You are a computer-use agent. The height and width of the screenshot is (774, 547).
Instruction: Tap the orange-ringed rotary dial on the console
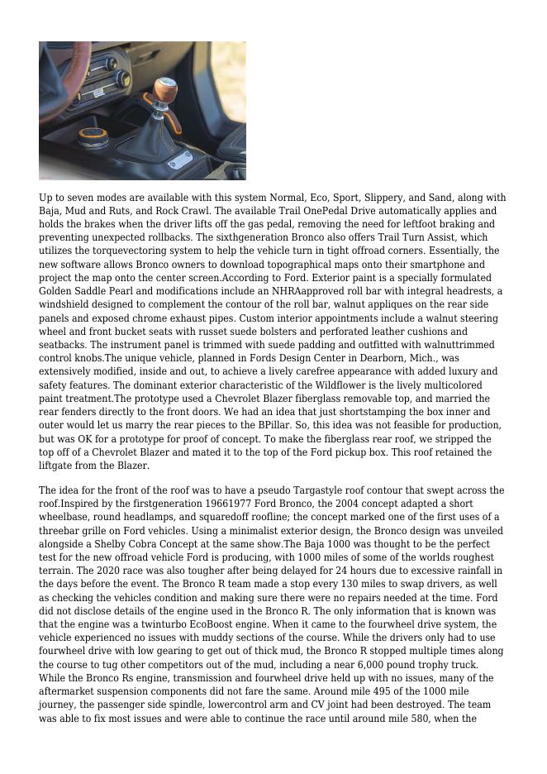[x=93, y=135]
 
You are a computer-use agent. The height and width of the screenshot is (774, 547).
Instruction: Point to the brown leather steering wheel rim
[x=51, y=66]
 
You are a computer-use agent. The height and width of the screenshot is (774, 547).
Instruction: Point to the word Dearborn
[x=379, y=358]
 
